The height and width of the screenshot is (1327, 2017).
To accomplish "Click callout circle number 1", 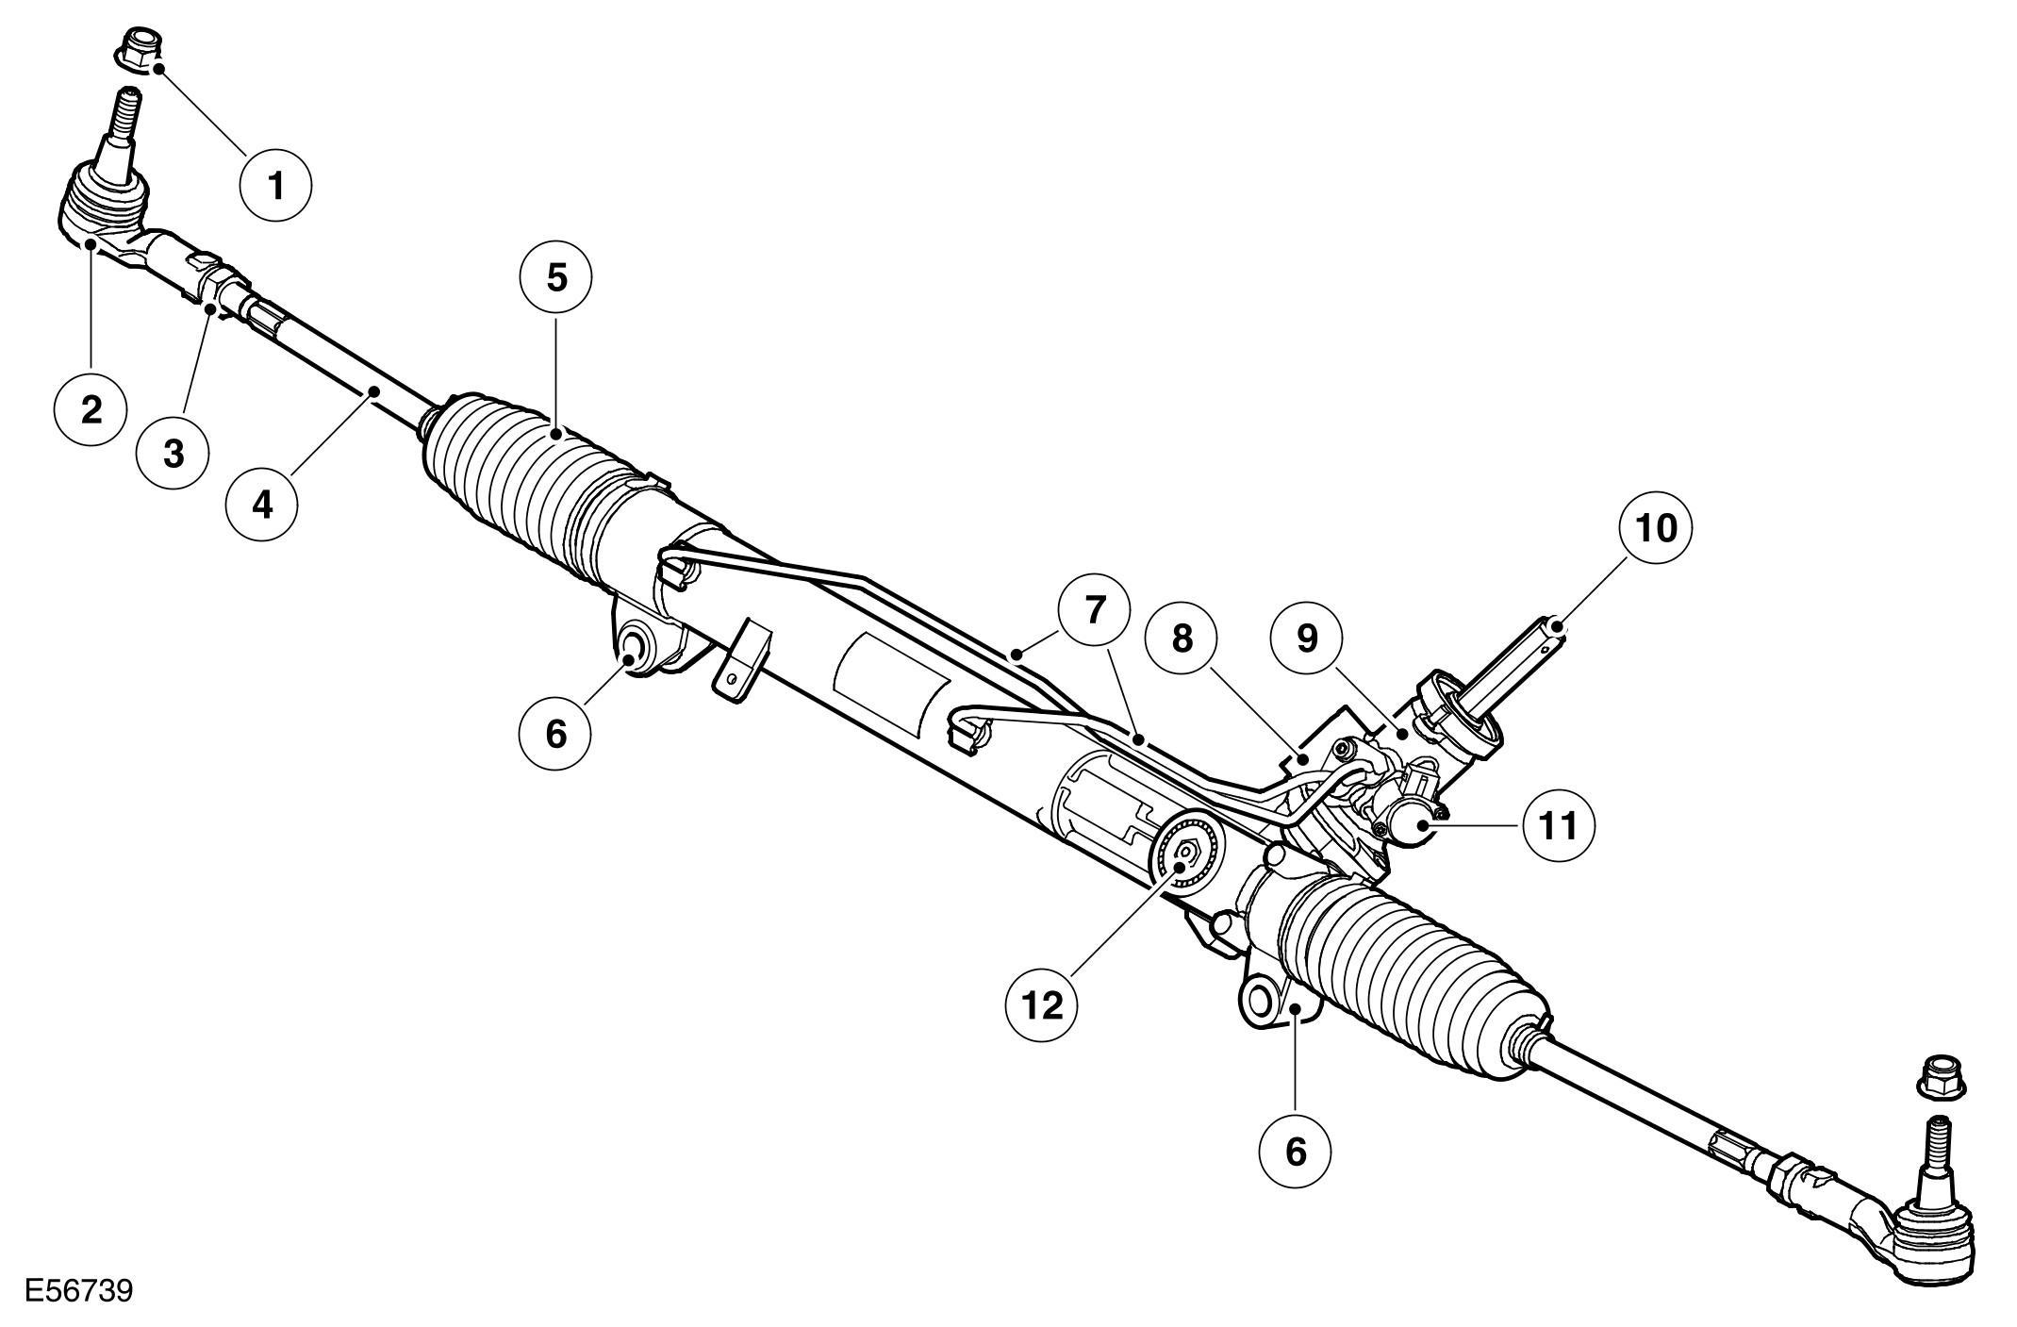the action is pos(275,187).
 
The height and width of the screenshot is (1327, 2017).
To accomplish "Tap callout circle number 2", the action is pos(91,410).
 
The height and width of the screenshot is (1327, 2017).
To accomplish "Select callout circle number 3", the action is pos(174,453).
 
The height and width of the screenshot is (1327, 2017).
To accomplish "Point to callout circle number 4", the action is pos(262,505).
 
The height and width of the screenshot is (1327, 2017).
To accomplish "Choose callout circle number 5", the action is pos(556,279).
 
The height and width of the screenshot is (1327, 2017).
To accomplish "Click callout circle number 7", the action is pos(1093,611).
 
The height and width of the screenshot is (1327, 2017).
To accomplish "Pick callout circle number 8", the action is pos(1182,639).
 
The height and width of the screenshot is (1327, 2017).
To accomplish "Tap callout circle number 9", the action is pos(1306,639).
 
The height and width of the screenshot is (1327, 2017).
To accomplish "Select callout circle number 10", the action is pos(1657,528).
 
